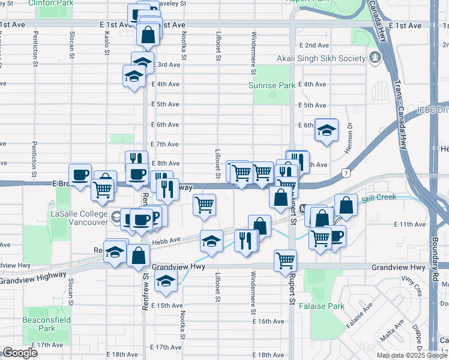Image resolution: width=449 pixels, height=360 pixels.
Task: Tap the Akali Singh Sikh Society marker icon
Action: [376, 58]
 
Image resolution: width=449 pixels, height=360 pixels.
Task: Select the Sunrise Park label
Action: [272, 85]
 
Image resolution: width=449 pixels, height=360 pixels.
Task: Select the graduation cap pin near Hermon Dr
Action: [326, 130]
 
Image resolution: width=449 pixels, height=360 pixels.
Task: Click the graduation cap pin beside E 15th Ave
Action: [165, 281]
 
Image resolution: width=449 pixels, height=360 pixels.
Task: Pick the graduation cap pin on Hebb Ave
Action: [211, 241]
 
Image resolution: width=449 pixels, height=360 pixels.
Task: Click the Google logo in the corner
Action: [20, 353]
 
